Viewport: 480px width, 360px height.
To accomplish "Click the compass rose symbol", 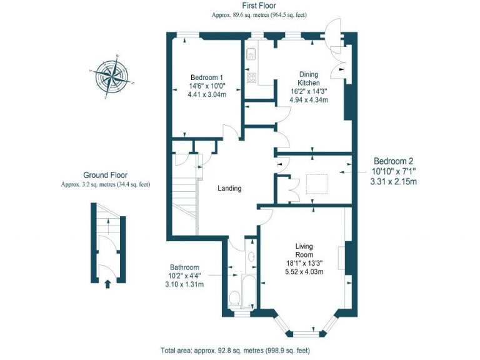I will pyautogui.click(x=112, y=77).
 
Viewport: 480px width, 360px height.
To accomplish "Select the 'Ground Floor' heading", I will pyautogui.click(x=106, y=175).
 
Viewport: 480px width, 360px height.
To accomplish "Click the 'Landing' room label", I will pyautogui.click(x=229, y=188).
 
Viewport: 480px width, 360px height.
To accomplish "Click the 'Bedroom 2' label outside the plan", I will pyautogui.click(x=393, y=161).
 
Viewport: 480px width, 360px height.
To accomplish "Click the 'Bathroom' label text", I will pyautogui.click(x=184, y=267).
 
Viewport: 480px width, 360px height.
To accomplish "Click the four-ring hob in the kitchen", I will pyautogui.click(x=251, y=78).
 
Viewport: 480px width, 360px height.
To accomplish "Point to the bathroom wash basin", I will pyautogui.click(x=251, y=256).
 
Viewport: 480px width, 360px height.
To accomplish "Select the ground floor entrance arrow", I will pyautogui.click(x=107, y=284).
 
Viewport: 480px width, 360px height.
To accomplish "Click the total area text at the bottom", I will pyautogui.click(x=234, y=351).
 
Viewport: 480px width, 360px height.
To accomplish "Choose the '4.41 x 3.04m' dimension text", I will pyautogui.click(x=207, y=94).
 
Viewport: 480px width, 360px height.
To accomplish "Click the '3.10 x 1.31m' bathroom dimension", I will pyautogui.click(x=184, y=284).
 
